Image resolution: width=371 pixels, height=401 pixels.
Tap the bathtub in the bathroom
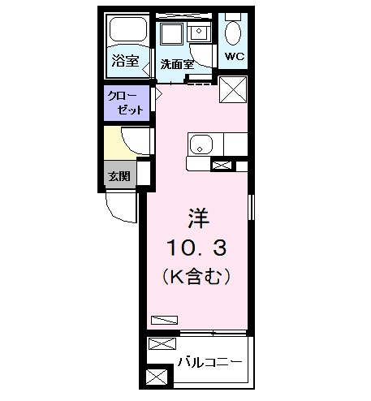click(127, 32)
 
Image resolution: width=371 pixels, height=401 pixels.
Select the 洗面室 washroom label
click(175, 63)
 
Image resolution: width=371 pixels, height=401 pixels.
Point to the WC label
click(235, 58)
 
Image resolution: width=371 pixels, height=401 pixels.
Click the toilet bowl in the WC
click(234, 32)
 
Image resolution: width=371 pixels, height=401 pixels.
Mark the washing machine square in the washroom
click(172, 35)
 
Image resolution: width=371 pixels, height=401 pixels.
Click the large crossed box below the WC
click(233, 89)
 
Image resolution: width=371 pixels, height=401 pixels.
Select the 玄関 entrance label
click(118, 174)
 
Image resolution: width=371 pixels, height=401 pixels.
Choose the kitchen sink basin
click(201, 146)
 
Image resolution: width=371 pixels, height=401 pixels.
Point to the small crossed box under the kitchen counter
click(220, 166)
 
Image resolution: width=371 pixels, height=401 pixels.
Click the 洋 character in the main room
click(197, 218)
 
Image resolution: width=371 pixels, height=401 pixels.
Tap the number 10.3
click(197, 248)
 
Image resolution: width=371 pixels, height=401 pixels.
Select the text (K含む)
click(197, 276)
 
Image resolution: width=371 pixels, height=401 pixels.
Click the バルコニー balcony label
click(210, 360)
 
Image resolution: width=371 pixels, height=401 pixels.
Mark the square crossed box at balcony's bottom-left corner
click(154, 377)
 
